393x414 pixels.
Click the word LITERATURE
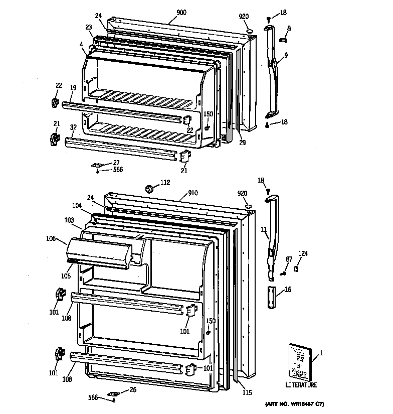pyautogui.click(x=301, y=385)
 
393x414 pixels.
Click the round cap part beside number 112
pyautogui.click(x=149, y=189)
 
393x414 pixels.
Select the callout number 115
pyautogui.click(x=247, y=392)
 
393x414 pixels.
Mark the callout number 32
pyautogui.click(x=73, y=127)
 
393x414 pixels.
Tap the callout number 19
pyautogui.click(x=73, y=87)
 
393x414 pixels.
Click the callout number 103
pyautogui.click(x=69, y=220)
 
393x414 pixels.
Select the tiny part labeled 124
pyautogui.click(x=297, y=269)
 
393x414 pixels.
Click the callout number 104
pyautogui.click(x=76, y=206)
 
